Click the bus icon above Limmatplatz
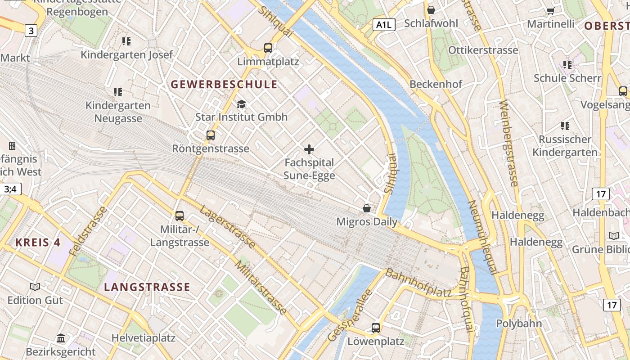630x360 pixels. [x=268, y=48]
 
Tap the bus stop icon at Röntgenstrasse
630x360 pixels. [x=210, y=135]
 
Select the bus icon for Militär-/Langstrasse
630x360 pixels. [x=180, y=216]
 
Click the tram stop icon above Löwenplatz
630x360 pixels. [x=376, y=328]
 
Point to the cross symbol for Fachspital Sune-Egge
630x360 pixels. [x=309, y=149]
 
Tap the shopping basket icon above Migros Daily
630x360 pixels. [x=367, y=208]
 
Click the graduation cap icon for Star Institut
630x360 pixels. [x=242, y=104]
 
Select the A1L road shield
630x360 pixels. [x=384, y=25]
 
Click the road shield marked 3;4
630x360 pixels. [x=10, y=189]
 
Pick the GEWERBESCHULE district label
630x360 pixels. [x=224, y=85]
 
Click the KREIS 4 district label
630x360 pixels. [x=38, y=243]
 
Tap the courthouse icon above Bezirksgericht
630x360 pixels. [x=61, y=338]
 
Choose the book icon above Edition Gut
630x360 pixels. [x=35, y=287]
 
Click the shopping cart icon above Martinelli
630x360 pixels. [x=550, y=11]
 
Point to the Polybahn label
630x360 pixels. [x=519, y=324]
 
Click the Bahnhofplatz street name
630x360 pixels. [x=418, y=283]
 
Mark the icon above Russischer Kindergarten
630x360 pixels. [x=565, y=126]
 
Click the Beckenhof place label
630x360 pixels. [x=436, y=84]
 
